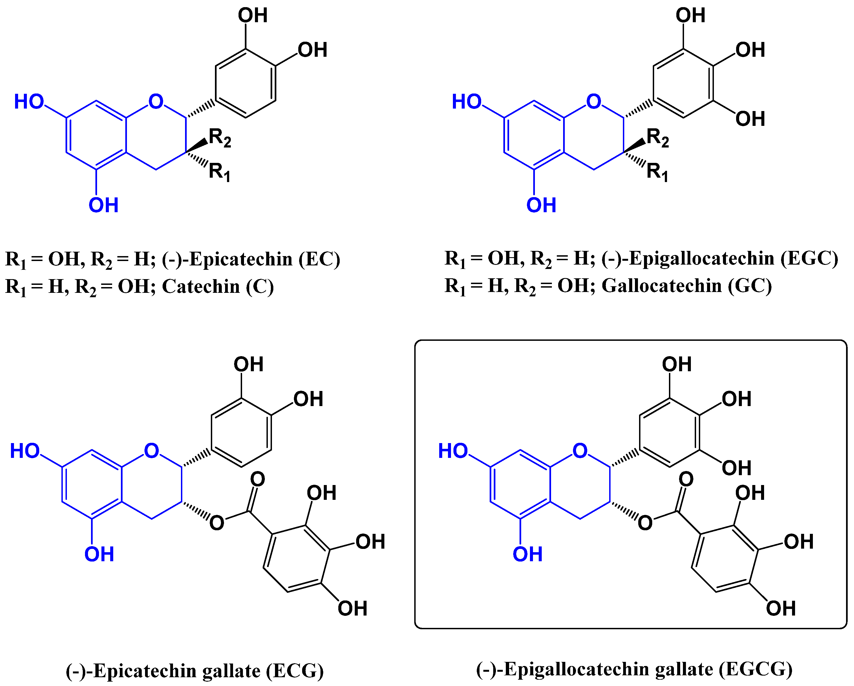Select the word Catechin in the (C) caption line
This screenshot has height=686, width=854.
201,286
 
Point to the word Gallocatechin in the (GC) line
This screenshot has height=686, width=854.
662,286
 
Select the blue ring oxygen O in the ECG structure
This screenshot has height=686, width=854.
151,451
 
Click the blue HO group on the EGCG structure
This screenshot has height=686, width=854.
452,451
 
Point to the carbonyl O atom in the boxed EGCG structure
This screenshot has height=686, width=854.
686,479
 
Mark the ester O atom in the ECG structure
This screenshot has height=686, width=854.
217,523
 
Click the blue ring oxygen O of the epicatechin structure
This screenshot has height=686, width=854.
156,101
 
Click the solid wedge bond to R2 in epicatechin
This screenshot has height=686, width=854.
197,146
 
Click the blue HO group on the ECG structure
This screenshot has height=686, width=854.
25,451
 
